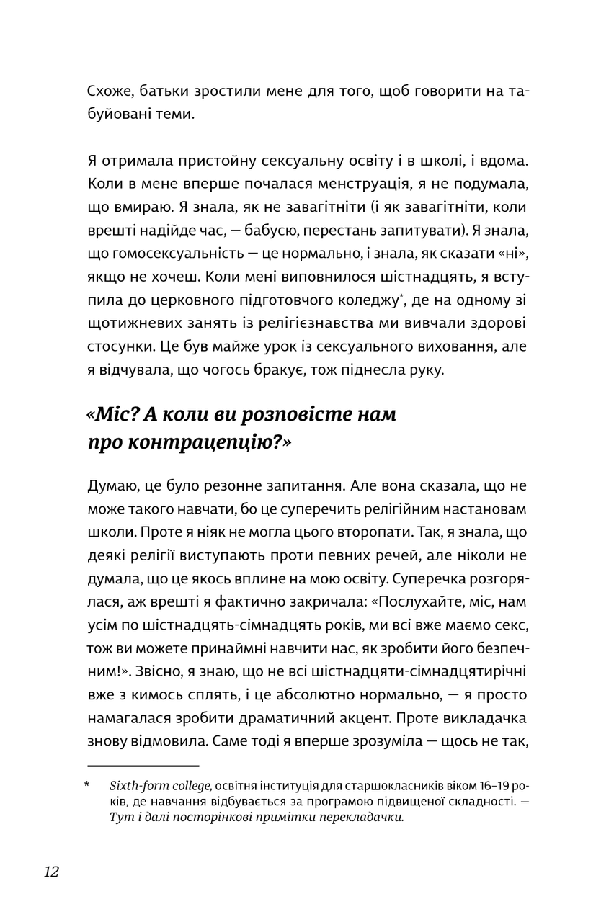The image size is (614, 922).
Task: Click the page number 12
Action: (x=51, y=872)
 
